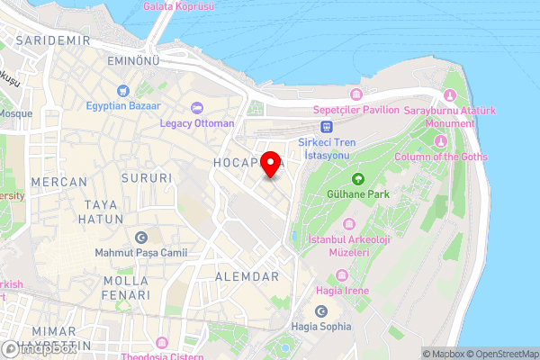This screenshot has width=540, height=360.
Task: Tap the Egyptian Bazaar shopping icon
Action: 122,91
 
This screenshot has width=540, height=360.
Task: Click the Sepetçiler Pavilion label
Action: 355,109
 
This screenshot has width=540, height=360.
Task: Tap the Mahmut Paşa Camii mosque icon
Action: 140,238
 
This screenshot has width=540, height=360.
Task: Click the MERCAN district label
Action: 58,181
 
